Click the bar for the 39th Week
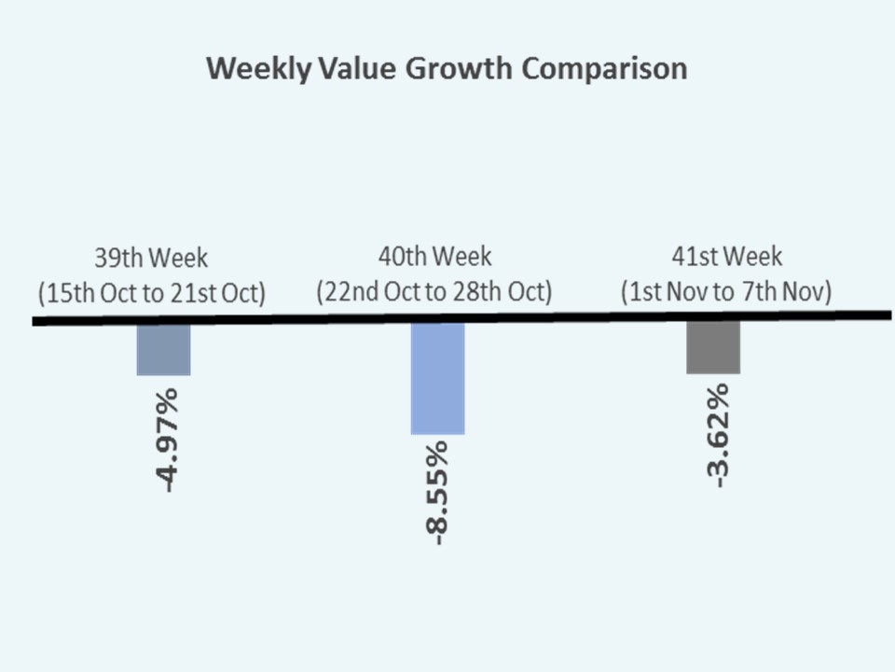tap(164, 349)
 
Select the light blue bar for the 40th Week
tap(438, 378)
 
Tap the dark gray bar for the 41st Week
tap(713, 348)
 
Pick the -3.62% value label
tap(716, 436)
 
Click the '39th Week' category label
tap(152, 257)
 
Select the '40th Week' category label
tap(434, 256)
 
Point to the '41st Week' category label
tap(727, 256)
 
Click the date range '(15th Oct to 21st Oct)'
tap(152, 292)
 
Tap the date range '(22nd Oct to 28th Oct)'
tap(434, 291)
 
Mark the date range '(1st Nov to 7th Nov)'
tap(727, 291)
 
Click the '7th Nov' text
tap(794, 291)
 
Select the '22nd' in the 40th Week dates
tap(351, 291)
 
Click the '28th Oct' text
tap(508, 291)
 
